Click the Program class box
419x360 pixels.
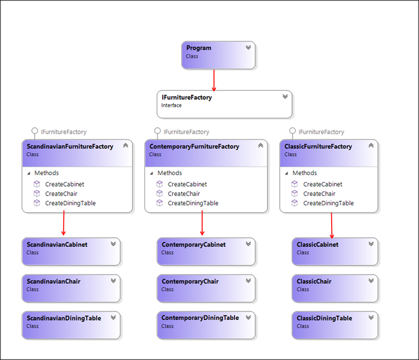point(218,55)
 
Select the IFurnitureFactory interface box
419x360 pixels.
point(224,104)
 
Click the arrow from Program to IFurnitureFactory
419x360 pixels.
point(214,80)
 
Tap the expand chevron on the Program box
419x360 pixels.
point(248,48)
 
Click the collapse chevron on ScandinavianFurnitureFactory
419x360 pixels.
point(125,146)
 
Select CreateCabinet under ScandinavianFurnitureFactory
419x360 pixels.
point(65,184)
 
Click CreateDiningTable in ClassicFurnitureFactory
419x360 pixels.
point(328,203)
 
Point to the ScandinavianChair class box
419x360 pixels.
point(71,288)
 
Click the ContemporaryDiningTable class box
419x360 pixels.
point(206,325)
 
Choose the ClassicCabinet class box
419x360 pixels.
point(334,251)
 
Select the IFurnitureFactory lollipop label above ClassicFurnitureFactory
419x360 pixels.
point(321,132)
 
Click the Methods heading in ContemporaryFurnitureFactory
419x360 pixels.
point(170,173)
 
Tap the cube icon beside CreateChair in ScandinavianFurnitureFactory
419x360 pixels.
point(37,193)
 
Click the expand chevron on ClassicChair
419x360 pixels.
point(371,281)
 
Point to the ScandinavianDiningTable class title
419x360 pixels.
point(64,318)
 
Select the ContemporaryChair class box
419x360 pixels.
point(206,288)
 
